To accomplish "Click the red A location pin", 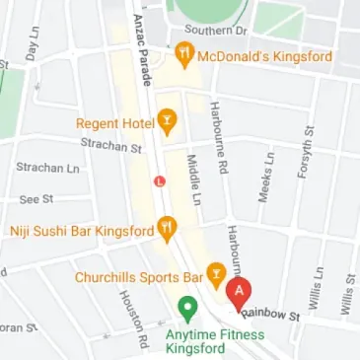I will [x=238, y=293].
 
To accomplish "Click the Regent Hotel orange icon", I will [x=168, y=123].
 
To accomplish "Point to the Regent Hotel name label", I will [x=115, y=123].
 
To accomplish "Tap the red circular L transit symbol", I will [x=159, y=181].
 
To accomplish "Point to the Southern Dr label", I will [x=218, y=29].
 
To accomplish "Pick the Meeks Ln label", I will [x=263, y=177].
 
